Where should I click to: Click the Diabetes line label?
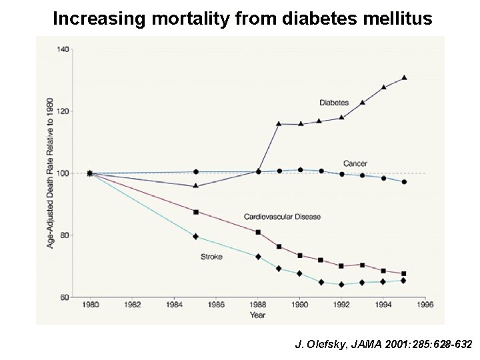tap(334, 103)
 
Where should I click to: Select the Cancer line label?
tap(355, 163)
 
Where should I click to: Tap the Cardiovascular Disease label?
tap(282, 217)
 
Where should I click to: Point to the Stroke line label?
tap(211, 256)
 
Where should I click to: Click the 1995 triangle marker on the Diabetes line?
tap(405, 78)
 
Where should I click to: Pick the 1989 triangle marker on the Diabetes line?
tap(279, 123)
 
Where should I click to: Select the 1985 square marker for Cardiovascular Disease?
tap(195, 212)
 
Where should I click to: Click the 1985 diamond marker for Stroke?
tap(195, 236)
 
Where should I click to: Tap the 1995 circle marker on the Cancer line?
tap(405, 182)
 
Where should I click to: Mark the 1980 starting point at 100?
tap(90, 173)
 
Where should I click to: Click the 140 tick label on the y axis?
tap(64, 49)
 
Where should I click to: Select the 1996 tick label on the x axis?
tap(425, 305)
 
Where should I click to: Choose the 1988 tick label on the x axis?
tap(258, 305)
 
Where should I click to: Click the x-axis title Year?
tap(257, 315)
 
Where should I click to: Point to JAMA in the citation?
tap(363, 345)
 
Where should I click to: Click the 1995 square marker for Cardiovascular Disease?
tap(404, 273)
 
